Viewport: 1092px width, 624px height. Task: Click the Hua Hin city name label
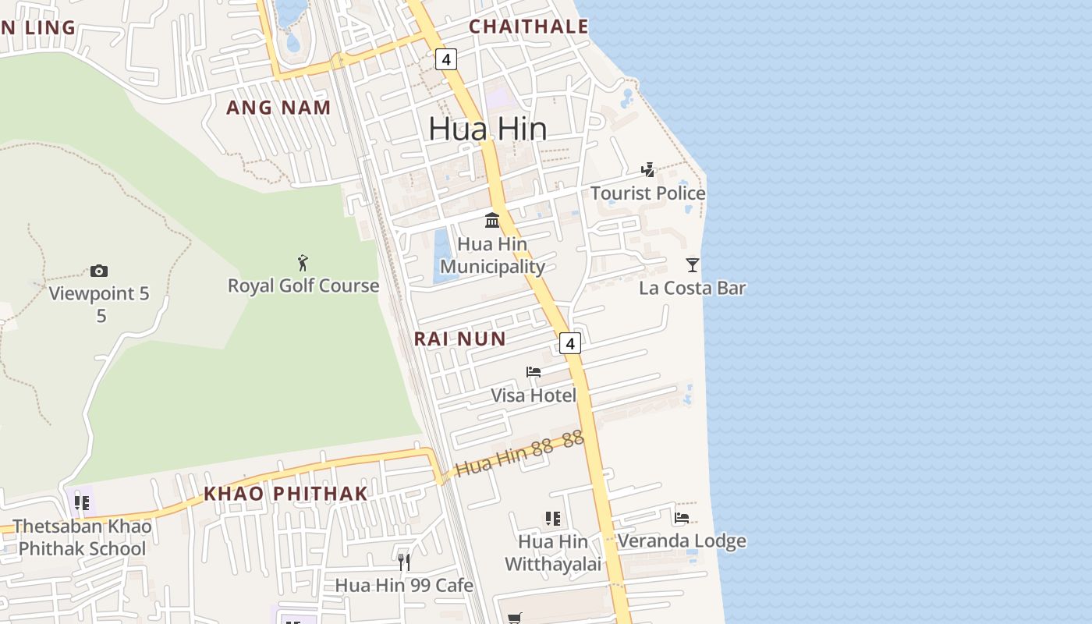tap(487, 129)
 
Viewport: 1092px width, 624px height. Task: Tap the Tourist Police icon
tap(647, 170)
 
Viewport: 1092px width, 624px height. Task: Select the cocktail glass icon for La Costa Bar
tap(693, 264)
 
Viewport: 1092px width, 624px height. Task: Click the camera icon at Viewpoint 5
tap(99, 271)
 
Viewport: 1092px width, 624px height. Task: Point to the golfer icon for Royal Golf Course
tap(303, 263)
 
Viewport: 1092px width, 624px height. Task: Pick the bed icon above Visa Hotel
tap(534, 372)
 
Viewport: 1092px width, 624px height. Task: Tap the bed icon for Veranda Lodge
tap(682, 517)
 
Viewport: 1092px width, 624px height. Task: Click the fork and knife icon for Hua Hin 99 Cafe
tap(404, 562)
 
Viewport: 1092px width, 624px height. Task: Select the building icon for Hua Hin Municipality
tap(492, 220)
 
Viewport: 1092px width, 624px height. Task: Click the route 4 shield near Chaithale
tap(445, 59)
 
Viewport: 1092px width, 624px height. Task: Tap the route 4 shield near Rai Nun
tap(570, 343)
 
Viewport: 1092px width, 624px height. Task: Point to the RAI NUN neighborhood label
tap(459, 339)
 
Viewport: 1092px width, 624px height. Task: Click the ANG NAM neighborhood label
tap(278, 108)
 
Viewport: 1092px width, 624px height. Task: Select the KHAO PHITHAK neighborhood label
tap(285, 493)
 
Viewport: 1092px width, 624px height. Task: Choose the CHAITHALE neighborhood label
tap(528, 27)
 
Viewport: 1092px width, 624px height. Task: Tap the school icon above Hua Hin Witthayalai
tap(553, 518)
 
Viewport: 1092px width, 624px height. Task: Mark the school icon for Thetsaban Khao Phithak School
tap(82, 502)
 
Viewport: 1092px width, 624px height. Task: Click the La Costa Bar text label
tap(693, 288)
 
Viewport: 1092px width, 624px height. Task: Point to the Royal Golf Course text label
tap(303, 285)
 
